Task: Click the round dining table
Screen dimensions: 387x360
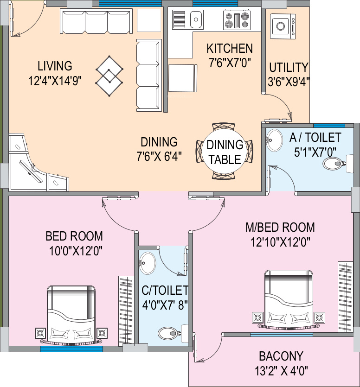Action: pos(225,152)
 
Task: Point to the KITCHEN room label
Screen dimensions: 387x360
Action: pos(230,49)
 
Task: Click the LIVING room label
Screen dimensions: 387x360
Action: pos(55,66)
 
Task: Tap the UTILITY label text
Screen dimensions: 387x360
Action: pos(288,68)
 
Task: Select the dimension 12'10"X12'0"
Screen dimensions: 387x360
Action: pos(280,241)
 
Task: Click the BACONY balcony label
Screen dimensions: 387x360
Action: pos(281,356)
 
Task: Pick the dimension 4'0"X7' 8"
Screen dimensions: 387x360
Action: pos(165,305)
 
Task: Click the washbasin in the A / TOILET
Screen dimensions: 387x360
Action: pos(274,140)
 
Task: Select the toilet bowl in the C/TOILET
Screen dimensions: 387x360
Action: pos(168,333)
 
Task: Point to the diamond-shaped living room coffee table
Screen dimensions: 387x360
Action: pos(109,76)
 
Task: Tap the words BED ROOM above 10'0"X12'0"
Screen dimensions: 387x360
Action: pos(74,236)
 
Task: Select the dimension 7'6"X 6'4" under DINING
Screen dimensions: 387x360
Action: pos(159,156)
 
